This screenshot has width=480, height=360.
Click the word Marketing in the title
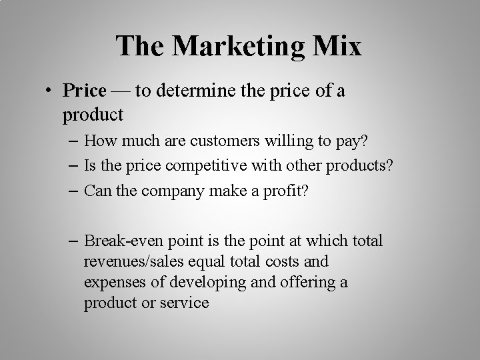239,47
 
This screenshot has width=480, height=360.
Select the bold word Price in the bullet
85,90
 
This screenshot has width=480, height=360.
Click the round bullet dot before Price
51,91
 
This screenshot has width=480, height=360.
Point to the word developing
193,283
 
